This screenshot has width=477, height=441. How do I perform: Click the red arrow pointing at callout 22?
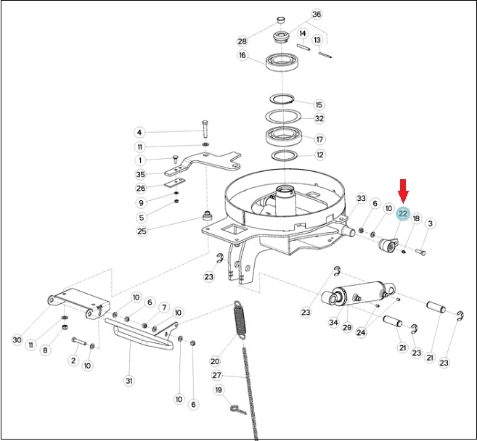pos(404,191)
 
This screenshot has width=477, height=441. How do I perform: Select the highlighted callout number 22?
pos(403,214)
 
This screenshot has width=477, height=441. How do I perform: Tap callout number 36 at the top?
pos(317,15)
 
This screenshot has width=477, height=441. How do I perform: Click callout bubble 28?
pos(242,41)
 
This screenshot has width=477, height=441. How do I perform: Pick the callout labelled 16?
pos(242,55)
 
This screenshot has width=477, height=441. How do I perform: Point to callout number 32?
pos(319,118)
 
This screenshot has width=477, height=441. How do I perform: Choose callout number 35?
pos(141,175)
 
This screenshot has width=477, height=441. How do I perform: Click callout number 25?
pos(142,231)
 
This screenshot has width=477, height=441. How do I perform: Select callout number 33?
pos(361,199)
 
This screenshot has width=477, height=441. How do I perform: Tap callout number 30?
pos(17,339)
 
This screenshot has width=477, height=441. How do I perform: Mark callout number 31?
pos(129,381)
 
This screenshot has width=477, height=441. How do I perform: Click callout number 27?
pos(216,375)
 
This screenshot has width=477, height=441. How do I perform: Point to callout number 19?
pos(219,390)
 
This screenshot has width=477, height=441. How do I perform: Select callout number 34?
pos(334,322)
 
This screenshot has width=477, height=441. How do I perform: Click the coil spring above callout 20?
pos(240,319)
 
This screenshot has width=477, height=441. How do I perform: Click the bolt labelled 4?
pos(204,129)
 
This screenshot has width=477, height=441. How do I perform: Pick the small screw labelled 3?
pos(420,252)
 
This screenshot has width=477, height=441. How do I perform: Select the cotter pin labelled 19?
pos(238,409)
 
